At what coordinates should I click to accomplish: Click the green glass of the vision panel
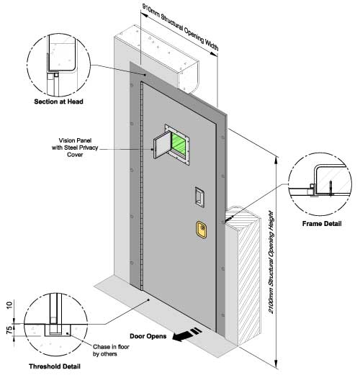tap(179, 144)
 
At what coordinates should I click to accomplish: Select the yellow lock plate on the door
tap(202, 230)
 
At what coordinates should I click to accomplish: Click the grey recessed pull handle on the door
tap(199, 197)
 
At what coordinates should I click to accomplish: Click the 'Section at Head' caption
tap(58, 101)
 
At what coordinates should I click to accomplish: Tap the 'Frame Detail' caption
tap(322, 224)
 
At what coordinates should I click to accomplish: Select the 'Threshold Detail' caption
tap(55, 366)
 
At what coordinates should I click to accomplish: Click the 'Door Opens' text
tap(148, 336)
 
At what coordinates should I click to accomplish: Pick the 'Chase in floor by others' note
tap(111, 351)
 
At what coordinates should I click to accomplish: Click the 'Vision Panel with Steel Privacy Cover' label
tap(75, 148)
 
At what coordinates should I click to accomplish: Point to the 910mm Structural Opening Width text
tap(180, 27)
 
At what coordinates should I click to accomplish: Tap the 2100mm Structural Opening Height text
tap(271, 262)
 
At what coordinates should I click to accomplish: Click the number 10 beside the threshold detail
tap(9, 305)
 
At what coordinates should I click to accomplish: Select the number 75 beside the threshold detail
tap(9, 330)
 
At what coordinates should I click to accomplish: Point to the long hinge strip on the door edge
tap(142, 186)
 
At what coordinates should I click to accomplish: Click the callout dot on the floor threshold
tap(148, 299)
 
